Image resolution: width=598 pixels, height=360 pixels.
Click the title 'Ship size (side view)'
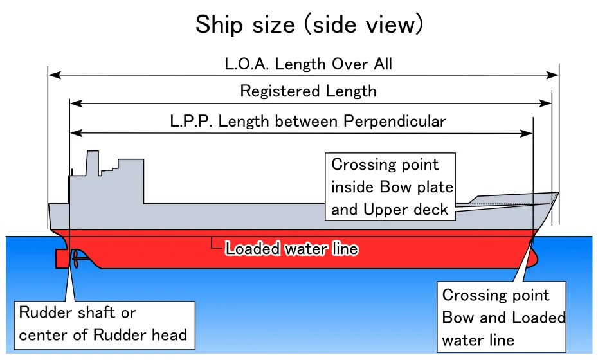tap(309, 25)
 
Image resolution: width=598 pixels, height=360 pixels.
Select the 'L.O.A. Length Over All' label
tap(308, 64)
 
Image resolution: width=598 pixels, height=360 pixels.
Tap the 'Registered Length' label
tap(308, 91)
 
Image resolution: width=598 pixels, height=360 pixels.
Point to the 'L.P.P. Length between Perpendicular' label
tap(308, 121)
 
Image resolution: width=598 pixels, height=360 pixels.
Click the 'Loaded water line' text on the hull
tap(291, 248)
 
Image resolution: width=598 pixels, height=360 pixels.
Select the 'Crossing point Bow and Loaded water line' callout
tap(503, 317)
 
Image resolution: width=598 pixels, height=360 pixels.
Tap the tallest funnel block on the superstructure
tap(92, 163)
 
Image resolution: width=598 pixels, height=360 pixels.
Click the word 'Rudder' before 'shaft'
tap(42, 313)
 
